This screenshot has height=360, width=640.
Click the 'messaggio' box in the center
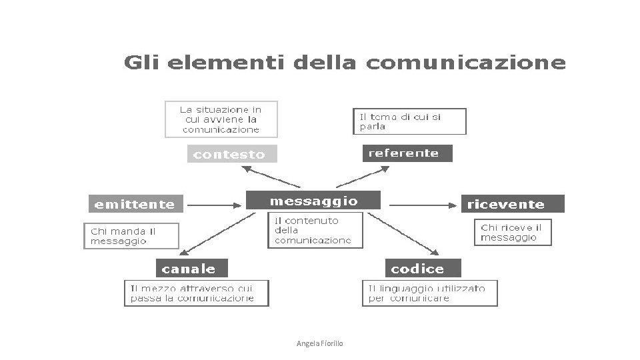313,201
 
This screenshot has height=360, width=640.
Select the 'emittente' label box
135,204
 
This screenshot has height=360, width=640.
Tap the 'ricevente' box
512,204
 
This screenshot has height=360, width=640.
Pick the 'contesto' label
230,155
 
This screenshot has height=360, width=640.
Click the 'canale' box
191,269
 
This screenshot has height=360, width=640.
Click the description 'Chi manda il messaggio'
131,236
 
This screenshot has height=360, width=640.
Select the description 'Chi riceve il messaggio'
512,232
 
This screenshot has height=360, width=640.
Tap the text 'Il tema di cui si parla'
409,121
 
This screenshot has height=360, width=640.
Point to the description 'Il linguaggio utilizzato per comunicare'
430,293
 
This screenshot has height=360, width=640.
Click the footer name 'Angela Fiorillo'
319,343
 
